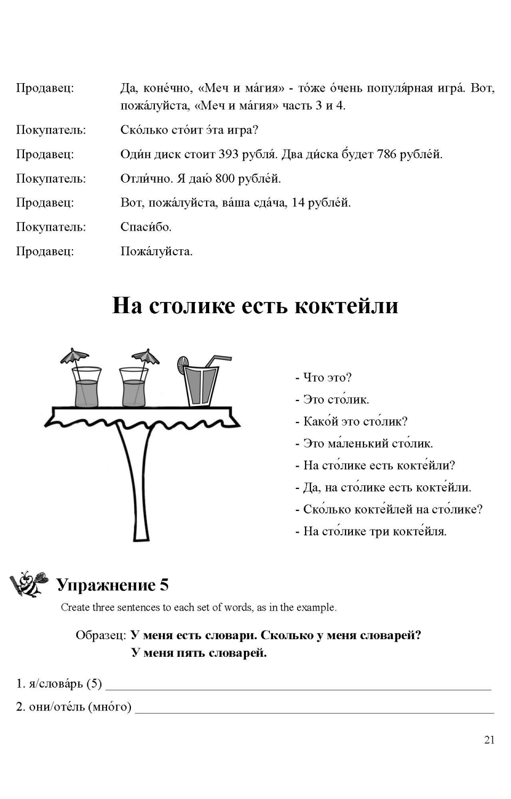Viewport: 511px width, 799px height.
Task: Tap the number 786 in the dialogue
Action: [x=387, y=154]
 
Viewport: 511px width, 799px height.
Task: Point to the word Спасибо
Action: [x=146, y=227]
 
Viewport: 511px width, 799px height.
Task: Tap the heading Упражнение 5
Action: [x=112, y=585]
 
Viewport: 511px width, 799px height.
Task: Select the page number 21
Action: [x=489, y=740]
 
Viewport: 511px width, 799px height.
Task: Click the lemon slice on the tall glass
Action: [x=183, y=364]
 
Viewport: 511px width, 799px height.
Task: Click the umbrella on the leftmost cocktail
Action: [x=74, y=355]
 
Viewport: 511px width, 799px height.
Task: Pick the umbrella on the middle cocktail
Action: [x=145, y=355]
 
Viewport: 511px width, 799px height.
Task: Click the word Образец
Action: [x=100, y=635]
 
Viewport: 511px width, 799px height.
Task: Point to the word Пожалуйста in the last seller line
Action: [x=156, y=251]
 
